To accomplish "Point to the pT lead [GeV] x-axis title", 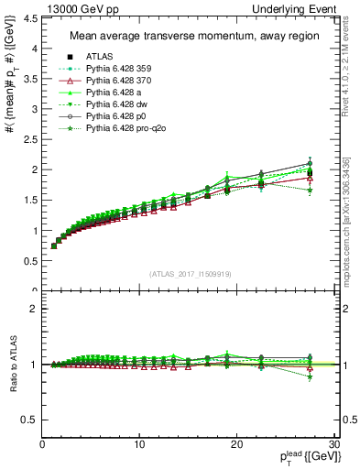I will (304, 456).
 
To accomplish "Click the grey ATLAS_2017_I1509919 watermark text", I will (190, 274).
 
